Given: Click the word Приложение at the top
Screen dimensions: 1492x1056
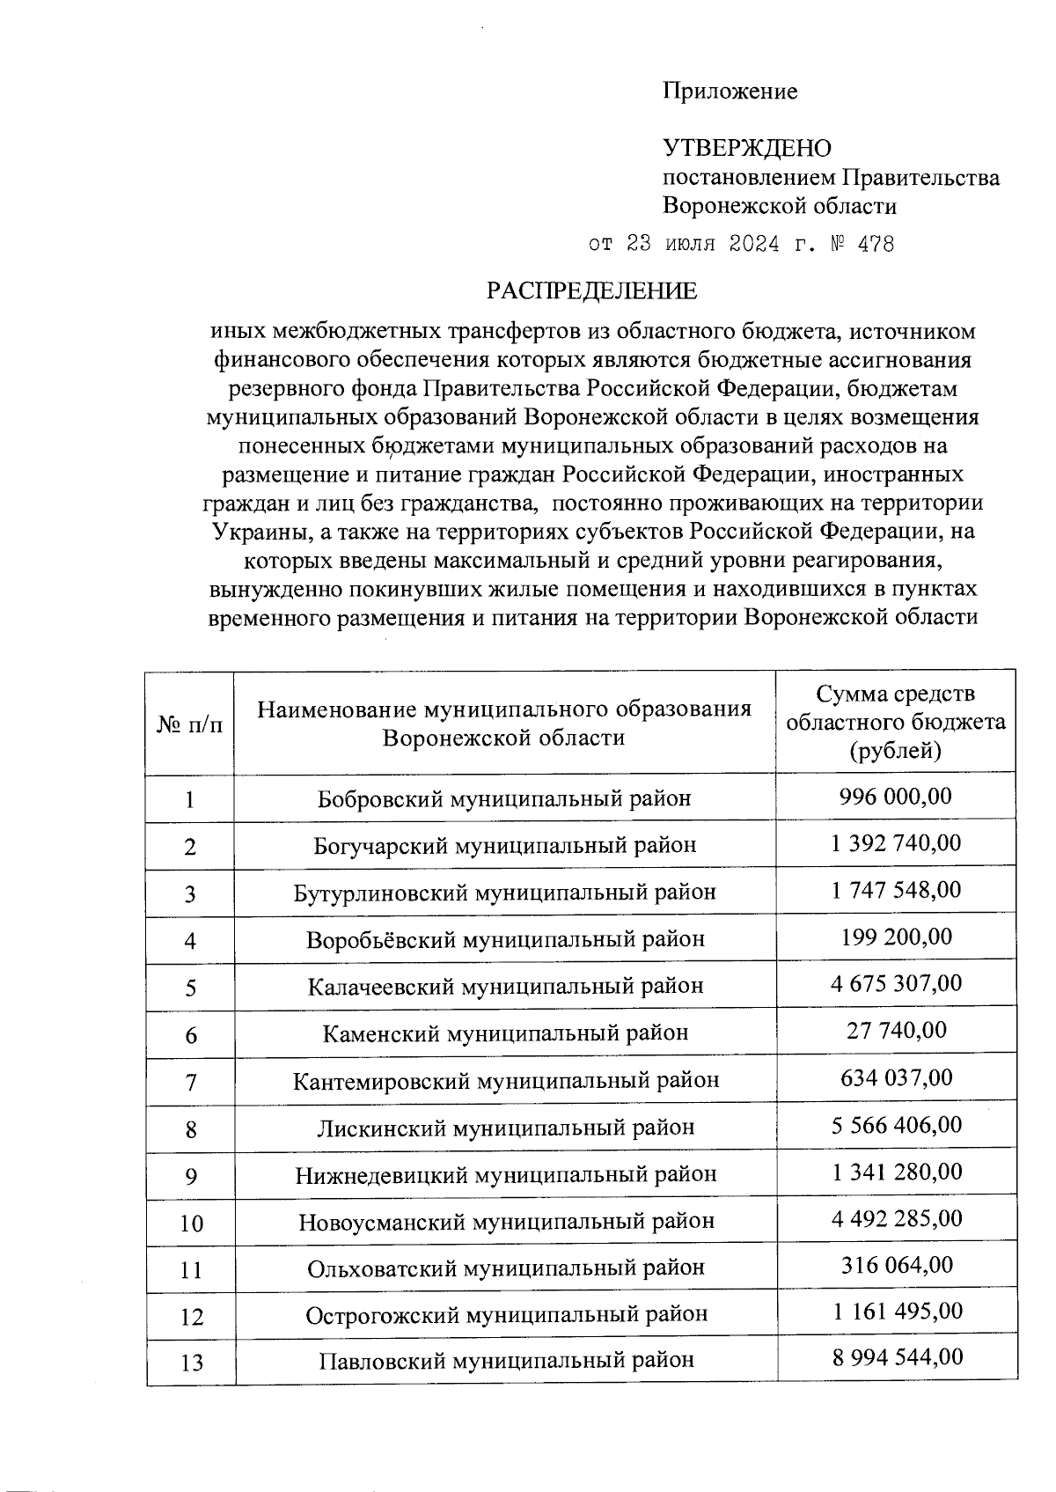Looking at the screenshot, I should tap(730, 92).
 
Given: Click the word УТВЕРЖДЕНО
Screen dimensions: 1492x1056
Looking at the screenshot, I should tap(746, 148).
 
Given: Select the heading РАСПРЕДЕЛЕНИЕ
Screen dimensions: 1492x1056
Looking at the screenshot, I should tap(592, 291).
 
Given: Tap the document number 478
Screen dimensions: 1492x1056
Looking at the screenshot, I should tap(875, 245).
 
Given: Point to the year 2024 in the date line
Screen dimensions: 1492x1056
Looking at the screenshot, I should tap(754, 245).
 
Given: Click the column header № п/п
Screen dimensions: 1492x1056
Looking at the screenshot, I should tap(190, 724).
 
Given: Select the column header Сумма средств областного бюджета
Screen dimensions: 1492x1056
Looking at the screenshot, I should tap(895, 723).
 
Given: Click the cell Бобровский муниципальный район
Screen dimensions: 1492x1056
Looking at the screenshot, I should tap(504, 798).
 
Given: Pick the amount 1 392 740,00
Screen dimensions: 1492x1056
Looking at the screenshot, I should tap(895, 844).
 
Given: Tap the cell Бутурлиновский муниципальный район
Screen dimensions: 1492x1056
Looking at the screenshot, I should tap(504, 892).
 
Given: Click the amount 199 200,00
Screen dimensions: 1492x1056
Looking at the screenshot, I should tap(895, 937).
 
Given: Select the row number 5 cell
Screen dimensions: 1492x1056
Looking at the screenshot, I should tap(190, 988).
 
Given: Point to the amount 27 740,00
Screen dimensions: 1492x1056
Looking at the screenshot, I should tap(895, 1031).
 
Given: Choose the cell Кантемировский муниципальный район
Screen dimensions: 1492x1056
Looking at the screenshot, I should tap(504, 1080).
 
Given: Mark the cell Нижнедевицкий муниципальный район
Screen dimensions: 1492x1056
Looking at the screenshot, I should tap(504, 1174).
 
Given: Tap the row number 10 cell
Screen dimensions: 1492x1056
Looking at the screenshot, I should tap(190, 1224).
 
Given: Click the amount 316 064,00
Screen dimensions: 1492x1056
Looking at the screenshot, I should tap(895, 1266).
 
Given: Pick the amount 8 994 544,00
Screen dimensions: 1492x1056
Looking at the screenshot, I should tap(895, 1357).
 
